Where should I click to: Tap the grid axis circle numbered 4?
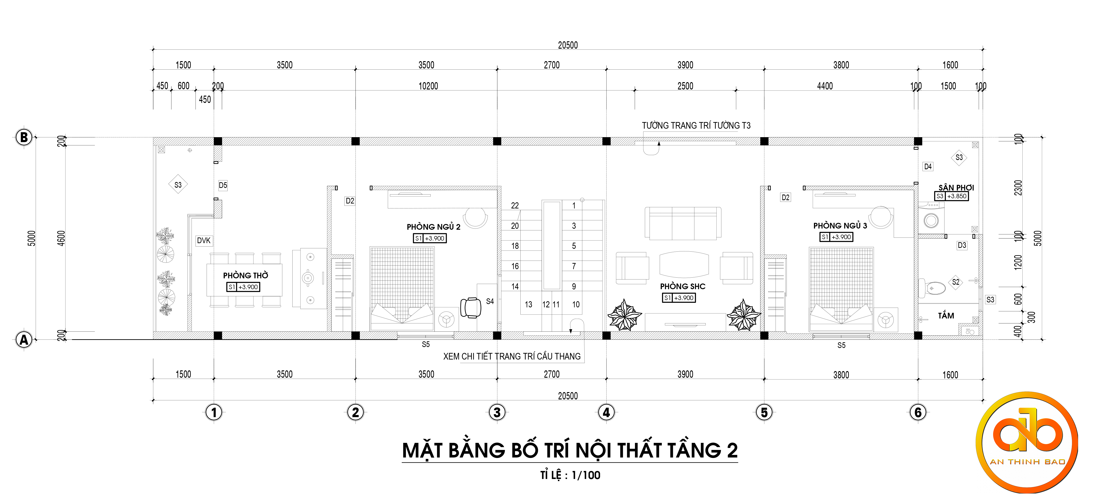click(x=606, y=412)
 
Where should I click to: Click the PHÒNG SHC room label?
click(x=682, y=286)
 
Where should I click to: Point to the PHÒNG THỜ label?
click(x=246, y=275)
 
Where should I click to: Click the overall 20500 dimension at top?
click(x=568, y=45)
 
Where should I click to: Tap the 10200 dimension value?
click(x=428, y=86)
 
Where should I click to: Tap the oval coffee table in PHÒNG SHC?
click(x=684, y=265)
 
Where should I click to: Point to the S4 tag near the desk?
click(x=490, y=301)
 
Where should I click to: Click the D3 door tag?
click(x=962, y=245)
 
